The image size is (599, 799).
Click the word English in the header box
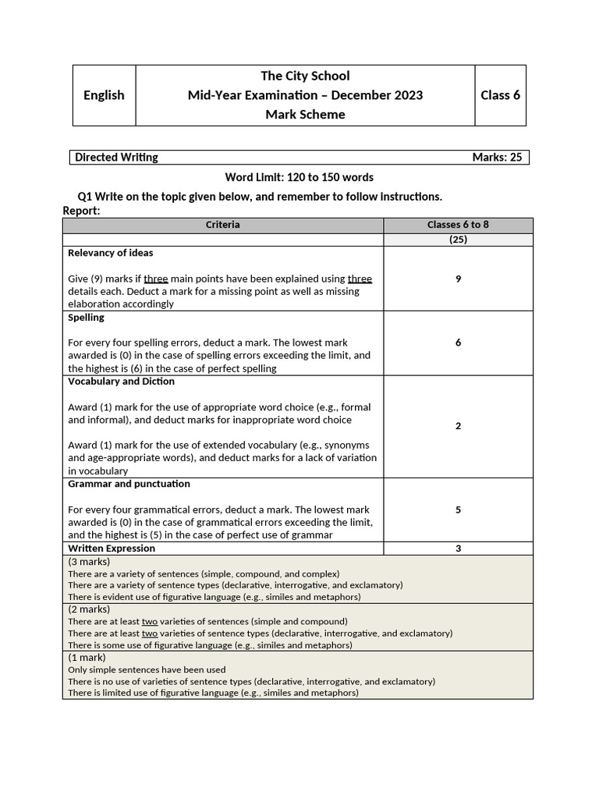[104, 95]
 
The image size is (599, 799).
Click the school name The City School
[305, 76]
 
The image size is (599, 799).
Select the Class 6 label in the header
[500, 95]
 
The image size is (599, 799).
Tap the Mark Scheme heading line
[305, 115]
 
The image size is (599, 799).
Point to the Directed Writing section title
[116, 158]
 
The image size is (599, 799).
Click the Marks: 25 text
[497, 158]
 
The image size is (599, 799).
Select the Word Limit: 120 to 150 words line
[299, 177]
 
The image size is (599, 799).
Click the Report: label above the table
[81, 211]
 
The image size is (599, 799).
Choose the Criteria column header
[223, 225]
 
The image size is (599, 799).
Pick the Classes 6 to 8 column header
[458, 225]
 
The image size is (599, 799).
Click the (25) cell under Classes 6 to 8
[458, 240]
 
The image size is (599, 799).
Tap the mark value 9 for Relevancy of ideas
[458, 279]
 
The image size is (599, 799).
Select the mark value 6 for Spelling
[458, 343]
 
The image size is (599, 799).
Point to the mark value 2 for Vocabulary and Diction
[458, 426]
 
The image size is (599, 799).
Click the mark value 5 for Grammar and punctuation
[458, 510]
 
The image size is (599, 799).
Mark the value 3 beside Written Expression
[458, 549]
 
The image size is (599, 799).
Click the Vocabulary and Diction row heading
[121, 382]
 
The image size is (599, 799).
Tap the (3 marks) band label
[89, 561]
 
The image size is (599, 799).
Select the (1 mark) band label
[87, 658]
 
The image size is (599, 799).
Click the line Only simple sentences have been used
[147, 669]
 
